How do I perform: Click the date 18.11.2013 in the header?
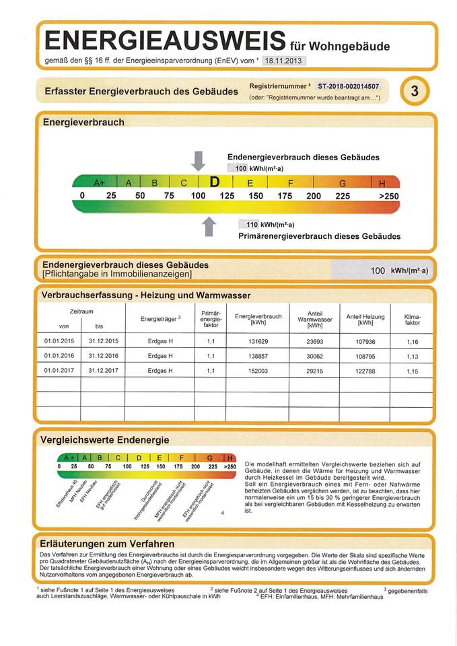click(283, 61)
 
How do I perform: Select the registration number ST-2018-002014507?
click(349, 86)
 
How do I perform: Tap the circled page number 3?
click(415, 93)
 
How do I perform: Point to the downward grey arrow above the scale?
click(198, 161)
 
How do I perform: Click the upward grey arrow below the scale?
click(209, 227)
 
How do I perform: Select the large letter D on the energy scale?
click(215, 182)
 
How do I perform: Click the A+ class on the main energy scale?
click(100, 182)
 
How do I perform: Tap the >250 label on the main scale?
click(388, 196)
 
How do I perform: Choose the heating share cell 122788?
click(365, 370)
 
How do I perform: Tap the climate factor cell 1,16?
click(413, 341)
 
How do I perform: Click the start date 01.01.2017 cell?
click(59, 370)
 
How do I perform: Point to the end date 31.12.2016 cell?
click(103, 355)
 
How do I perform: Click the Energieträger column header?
click(160, 318)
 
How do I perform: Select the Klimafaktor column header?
click(413, 319)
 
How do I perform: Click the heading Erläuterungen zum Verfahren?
click(108, 543)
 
